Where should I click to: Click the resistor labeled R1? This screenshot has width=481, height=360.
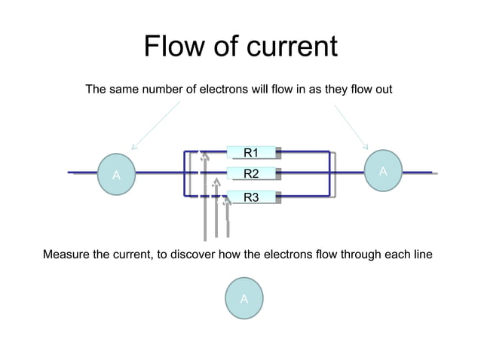click(x=252, y=153)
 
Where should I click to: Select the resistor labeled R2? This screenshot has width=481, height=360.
click(x=252, y=175)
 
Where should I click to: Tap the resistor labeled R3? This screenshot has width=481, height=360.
click(x=252, y=197)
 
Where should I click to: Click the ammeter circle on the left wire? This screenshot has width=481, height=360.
click(x=116, y=175)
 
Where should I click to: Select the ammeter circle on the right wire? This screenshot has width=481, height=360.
click(x=382, y=172)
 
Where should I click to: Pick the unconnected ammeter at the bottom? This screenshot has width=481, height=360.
click(x=244, y=299)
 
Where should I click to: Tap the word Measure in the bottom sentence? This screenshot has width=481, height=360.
click(x=68, y=255)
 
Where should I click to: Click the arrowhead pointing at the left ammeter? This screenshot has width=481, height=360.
click(x=133, y=148)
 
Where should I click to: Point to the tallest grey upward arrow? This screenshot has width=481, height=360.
click(x=204, y=196)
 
